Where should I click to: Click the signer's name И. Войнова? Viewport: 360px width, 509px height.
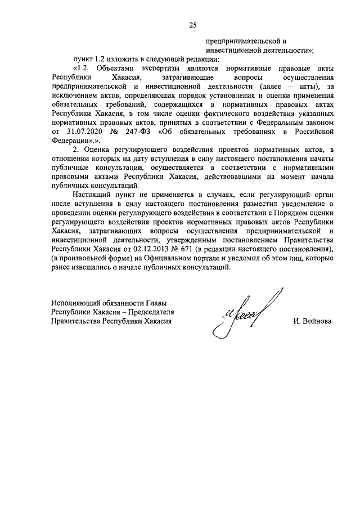point(312,321)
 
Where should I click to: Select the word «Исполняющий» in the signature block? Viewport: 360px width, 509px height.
point(76,303)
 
